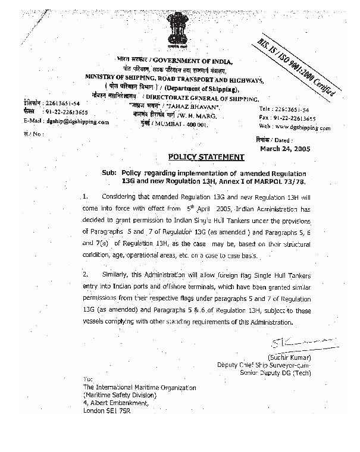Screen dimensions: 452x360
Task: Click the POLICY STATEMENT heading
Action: point(206,157)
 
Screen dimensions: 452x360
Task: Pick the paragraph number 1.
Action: point(85,195)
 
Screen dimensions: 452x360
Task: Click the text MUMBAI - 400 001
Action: point(184,125)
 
